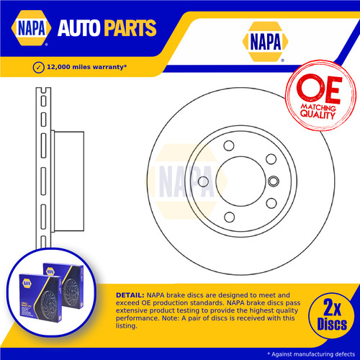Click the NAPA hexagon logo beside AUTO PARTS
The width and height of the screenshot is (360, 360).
point(31,28)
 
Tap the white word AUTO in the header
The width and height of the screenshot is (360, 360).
point(79,28)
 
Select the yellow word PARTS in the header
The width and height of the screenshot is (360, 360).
point(130,28)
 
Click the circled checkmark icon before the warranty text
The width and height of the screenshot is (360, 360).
point(38,68)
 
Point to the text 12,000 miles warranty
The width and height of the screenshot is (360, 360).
point(86,67)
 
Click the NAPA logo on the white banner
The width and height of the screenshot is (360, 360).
point(265,42)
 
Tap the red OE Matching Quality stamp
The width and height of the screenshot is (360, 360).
point(320,96)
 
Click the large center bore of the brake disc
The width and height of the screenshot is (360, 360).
point(240,181)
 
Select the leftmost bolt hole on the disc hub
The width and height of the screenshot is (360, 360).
point(203,181)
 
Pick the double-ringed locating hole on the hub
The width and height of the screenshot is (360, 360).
point(274,181)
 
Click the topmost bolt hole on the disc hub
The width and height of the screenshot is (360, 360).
point(229,145)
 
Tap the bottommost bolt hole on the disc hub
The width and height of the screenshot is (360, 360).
point(229,217)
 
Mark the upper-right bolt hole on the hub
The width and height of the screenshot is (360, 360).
point(271,159)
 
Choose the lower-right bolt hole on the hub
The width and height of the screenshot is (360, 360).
point(271,203)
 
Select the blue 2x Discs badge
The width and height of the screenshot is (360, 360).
point(331,315)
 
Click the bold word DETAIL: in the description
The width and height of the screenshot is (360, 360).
point(130,295)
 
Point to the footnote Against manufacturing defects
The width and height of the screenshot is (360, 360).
point(313,354)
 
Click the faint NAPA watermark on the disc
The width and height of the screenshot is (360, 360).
point(186,181)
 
